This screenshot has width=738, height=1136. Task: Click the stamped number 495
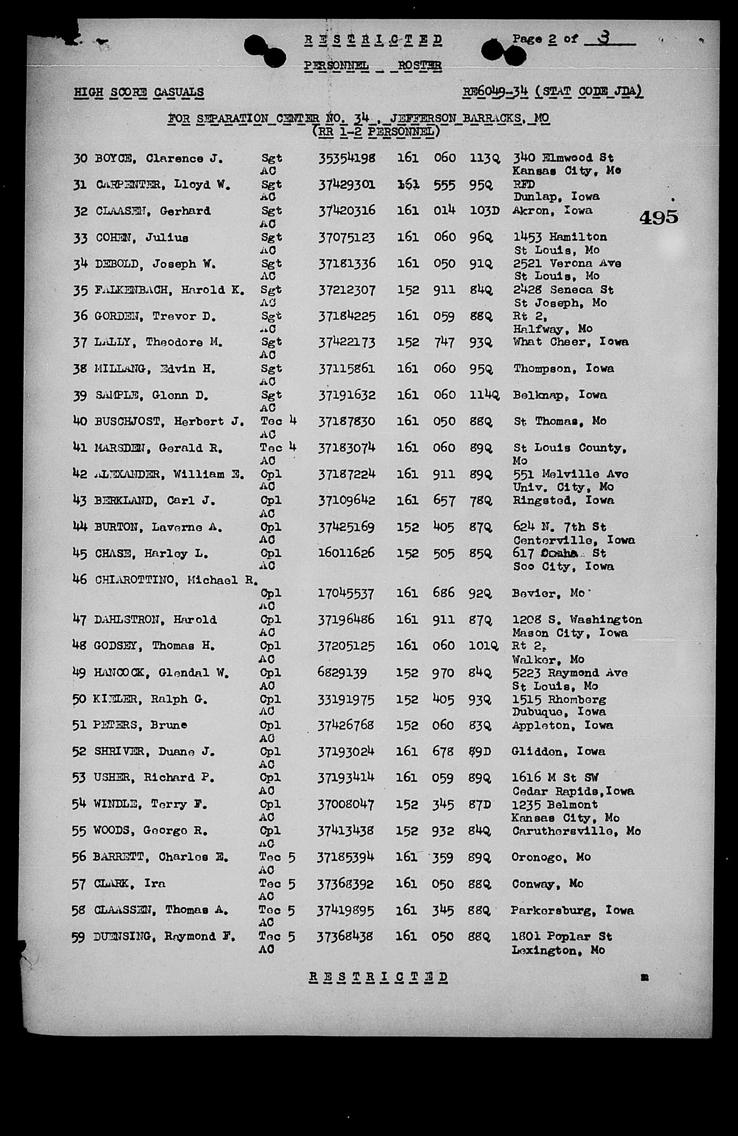point(658,218)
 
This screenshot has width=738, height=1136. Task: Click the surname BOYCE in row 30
point(114,158)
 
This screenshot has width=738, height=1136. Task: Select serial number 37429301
point(346,184)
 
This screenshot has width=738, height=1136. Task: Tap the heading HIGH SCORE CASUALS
point(138,92)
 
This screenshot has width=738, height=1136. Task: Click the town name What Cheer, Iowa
point(571,342)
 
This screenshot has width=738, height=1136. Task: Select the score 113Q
point(485,158)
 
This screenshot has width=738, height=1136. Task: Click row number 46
point(80,579)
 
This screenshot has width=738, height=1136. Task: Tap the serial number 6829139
point(342,673)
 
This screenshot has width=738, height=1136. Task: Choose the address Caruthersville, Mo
point(576,831)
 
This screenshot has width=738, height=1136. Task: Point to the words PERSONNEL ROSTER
point(372,65)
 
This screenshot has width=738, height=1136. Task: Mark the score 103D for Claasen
point(484,211)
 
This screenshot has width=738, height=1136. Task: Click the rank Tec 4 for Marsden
point(278,448)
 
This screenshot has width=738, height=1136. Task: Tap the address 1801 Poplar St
point(562,936)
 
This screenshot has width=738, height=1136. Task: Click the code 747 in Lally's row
point(444,342)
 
